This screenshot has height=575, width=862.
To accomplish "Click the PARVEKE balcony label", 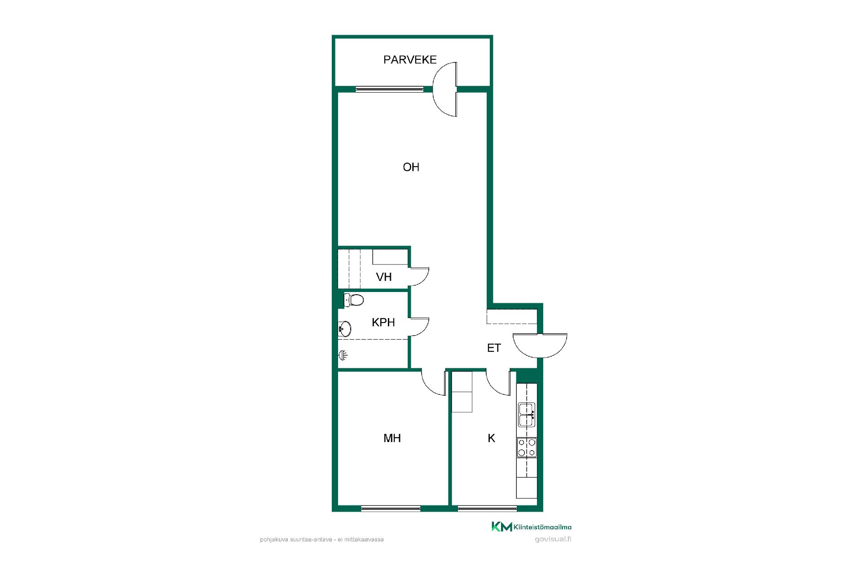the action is [410, 60].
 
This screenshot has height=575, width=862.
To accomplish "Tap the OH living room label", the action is [411, 167].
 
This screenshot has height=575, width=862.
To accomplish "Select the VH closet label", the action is [384, 277].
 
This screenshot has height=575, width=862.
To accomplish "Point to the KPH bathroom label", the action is [383, 322].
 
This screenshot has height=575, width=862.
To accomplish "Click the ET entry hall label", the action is [494, 348].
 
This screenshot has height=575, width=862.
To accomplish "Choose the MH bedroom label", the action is [392, 438].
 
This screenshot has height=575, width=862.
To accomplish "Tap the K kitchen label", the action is [492, 438].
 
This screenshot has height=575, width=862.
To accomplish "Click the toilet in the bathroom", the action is [353, 300].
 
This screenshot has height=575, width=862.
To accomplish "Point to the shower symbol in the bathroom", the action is [343, 356].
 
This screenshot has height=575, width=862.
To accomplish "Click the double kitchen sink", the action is [527, 415].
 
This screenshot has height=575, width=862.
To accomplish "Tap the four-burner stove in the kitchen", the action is [527, 447].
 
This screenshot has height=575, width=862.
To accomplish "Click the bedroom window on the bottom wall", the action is [391, 509].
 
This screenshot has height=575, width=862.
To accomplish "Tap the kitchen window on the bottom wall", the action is [487, 509].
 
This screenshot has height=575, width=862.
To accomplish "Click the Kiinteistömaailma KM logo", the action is [532, 526].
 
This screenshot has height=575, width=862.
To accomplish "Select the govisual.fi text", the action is [553, 540].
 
